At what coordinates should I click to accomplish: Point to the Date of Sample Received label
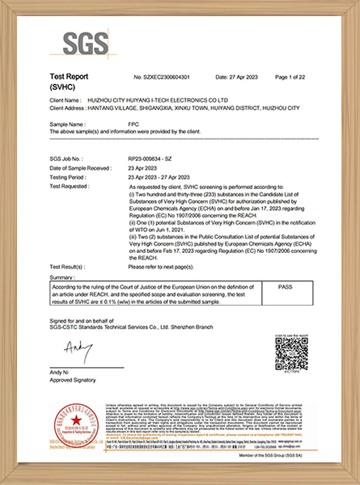[x=79, y=167]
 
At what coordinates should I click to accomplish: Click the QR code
[x=293, y=352]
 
